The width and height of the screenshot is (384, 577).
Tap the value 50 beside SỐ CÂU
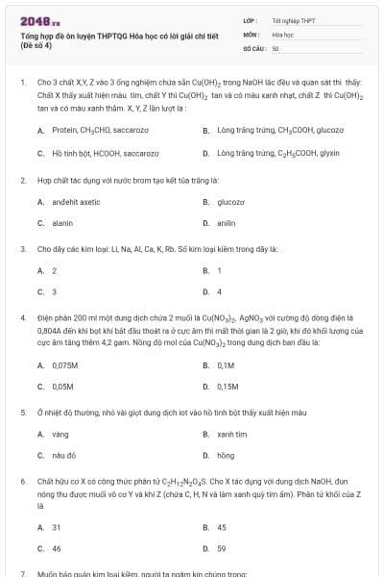276,47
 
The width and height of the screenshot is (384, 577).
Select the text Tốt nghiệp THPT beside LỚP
293,19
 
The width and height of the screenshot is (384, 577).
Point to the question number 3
22,248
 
